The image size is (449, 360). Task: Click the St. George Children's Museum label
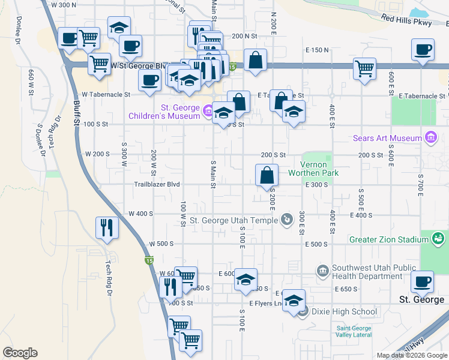point(163,112)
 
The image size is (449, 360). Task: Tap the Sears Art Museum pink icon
point(430,139)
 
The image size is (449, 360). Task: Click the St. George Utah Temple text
point(234,220)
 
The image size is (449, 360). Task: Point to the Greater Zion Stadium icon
point(439,239)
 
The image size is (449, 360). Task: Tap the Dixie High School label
point(344,311)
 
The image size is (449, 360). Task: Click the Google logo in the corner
point(20,353)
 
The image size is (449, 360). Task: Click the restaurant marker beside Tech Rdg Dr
point(107,228)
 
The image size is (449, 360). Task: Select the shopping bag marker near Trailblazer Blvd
point(267,176)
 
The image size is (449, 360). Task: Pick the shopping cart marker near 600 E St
point(364,69)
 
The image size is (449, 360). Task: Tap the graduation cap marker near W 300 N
point(119,27)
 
